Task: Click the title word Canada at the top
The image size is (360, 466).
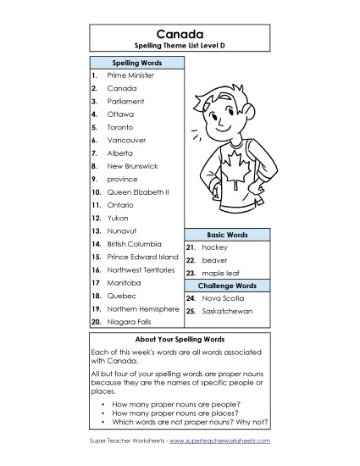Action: point(180,34)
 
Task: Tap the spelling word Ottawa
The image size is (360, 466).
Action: point(120,114)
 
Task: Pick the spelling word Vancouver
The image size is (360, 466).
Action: point(126,140)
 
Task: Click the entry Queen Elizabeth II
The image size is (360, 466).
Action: point(138,192)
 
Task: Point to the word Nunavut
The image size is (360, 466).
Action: point(124,230)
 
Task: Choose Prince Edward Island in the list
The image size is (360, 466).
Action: point(142,257)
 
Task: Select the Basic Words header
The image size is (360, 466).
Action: point(227,234)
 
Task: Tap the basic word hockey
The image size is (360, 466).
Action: point(214,247)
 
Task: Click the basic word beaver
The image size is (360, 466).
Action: point(214,260)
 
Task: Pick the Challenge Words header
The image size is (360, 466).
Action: point(227,286)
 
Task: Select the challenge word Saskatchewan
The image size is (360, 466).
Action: point(226,312)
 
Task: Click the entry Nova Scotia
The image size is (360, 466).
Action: point(222,299)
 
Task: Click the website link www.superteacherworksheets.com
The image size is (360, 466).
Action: point(219,441)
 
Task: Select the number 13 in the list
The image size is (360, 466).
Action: point(96,230)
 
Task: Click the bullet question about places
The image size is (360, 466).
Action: point(167,413)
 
